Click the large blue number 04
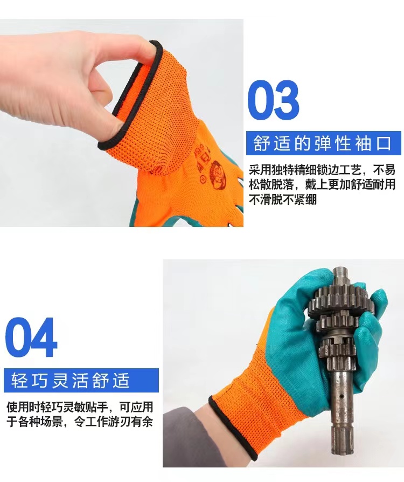[x=31, y=338]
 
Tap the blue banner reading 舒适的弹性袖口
[x=324, y=143]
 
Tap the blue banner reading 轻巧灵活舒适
[x=81, y=381]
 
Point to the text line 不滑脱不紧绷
[x=283, y=200]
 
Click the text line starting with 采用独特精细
[x=322, y=170]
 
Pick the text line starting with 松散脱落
[x=322, y=185]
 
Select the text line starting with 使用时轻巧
[x=80, y=407]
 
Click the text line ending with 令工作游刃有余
[x=80, y=422]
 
